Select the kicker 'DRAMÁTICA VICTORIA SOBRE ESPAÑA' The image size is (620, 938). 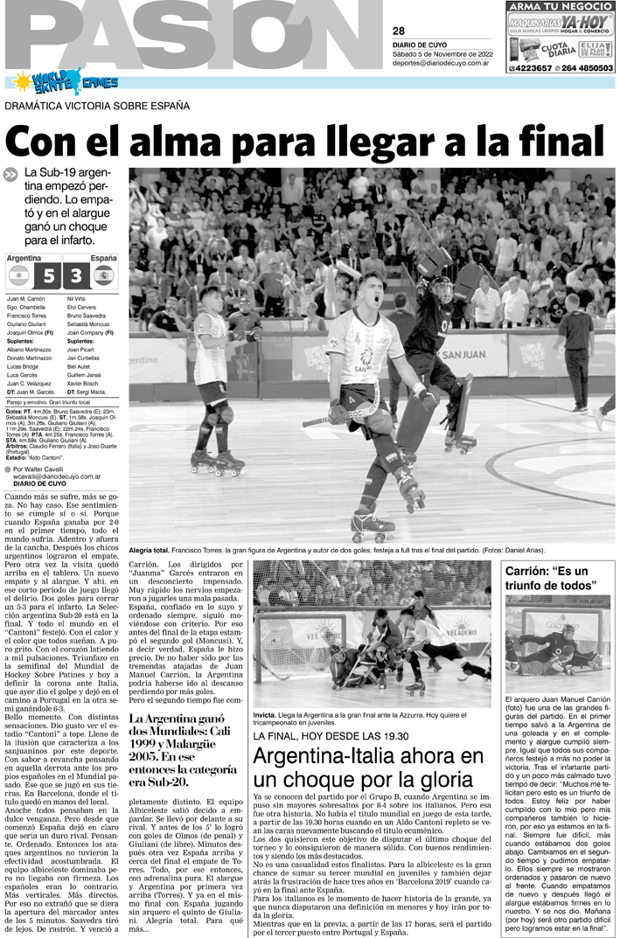click(97, 107)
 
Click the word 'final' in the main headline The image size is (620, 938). click(562, 142)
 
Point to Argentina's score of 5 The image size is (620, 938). click(48, 277)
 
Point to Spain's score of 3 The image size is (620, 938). click(76, 277)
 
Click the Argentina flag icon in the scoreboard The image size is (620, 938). click(18, 276)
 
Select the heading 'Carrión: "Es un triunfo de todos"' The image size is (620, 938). click(550, 578)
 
